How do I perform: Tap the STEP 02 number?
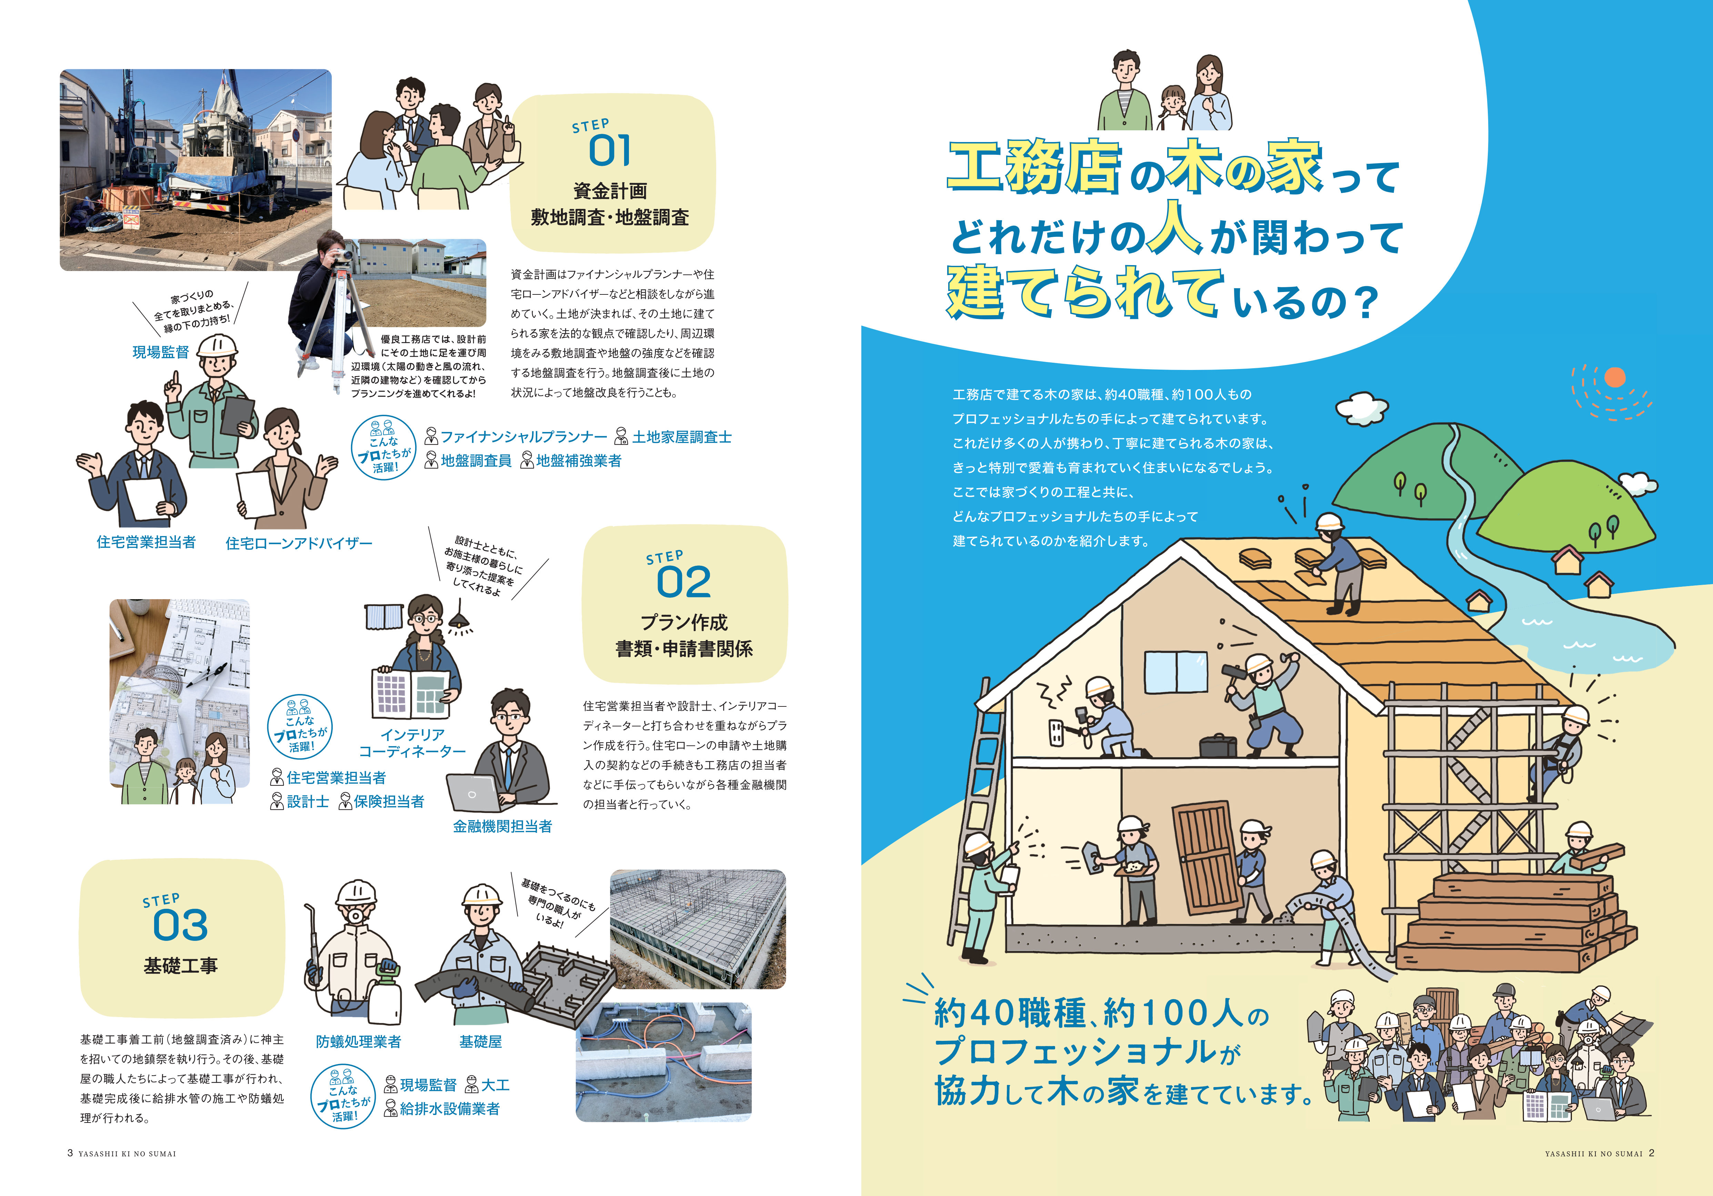(x=683, y=582)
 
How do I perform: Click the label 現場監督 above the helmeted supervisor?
(x=160, y=352)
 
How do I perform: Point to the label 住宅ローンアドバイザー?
(x=299, y=543)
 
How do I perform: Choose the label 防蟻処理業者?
(x=358, y=1042)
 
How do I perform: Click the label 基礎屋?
(x=480, y=1042)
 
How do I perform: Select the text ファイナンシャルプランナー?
(x=524, y=436)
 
